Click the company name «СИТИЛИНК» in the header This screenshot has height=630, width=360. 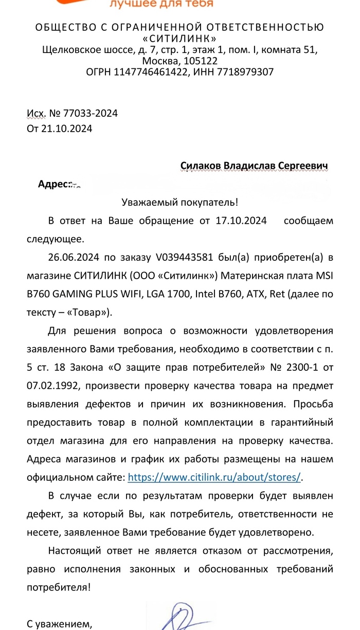(x=179, y=39)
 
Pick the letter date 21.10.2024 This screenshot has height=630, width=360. (x=67, y=129)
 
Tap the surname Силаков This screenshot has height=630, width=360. (x=200, y=166)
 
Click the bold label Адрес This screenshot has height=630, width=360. (x=53, y=184)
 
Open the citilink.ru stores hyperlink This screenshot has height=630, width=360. (x=214, y=477)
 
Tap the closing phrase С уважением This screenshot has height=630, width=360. (x=60, y=624)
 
